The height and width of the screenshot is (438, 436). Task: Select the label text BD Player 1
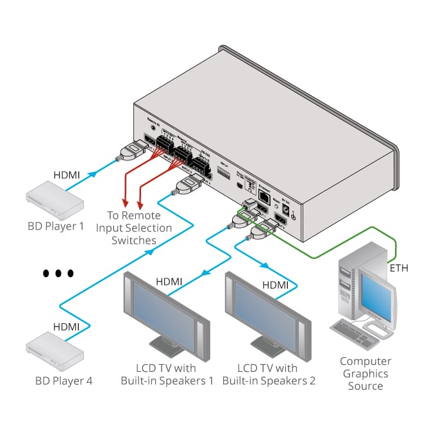click(x=56, y=226)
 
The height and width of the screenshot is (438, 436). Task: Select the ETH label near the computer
click(x=398, y=269)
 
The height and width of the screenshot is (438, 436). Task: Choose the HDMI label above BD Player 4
click(x=66, y=327)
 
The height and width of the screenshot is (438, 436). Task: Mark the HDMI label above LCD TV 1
click(x=169, y=281)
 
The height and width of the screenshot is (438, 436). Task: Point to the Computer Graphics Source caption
click(x=365, y=373)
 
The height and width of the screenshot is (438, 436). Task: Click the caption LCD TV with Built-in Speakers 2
click(x=269, y=375)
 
